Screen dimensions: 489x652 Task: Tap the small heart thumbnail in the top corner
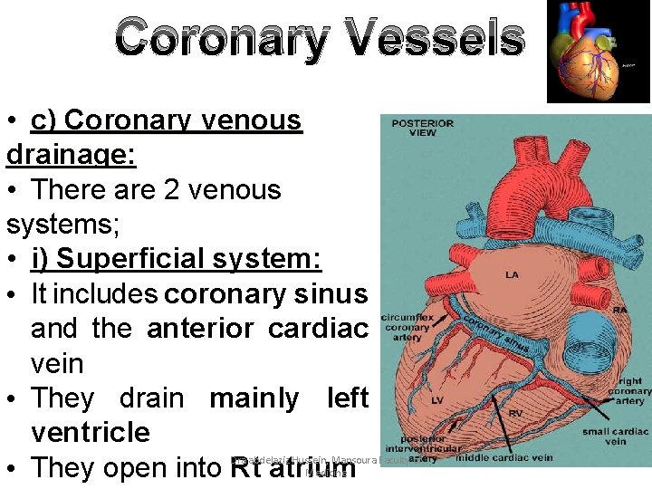pos(598,51)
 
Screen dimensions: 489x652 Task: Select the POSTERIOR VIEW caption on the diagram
pos(422,128)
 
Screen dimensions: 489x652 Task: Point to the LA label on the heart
pos(513,274)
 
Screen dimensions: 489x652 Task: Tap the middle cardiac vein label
pos(504,457)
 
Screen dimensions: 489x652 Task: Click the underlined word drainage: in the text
pos(72,155)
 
